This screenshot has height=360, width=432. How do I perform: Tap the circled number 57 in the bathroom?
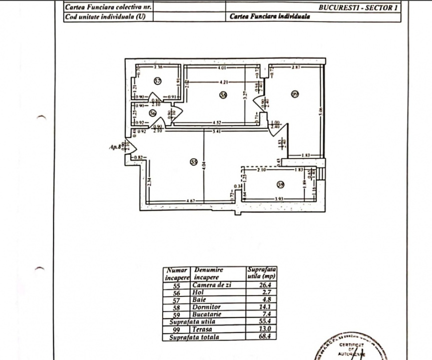(x=157, y=81)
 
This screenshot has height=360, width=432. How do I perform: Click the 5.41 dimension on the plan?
(x=217, y=131)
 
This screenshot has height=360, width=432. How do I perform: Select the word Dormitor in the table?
(x=206, y=306)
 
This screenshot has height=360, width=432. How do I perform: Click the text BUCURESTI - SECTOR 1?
(x=358, y=7)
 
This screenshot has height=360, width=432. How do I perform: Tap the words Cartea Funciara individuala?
(x=270, y=16)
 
